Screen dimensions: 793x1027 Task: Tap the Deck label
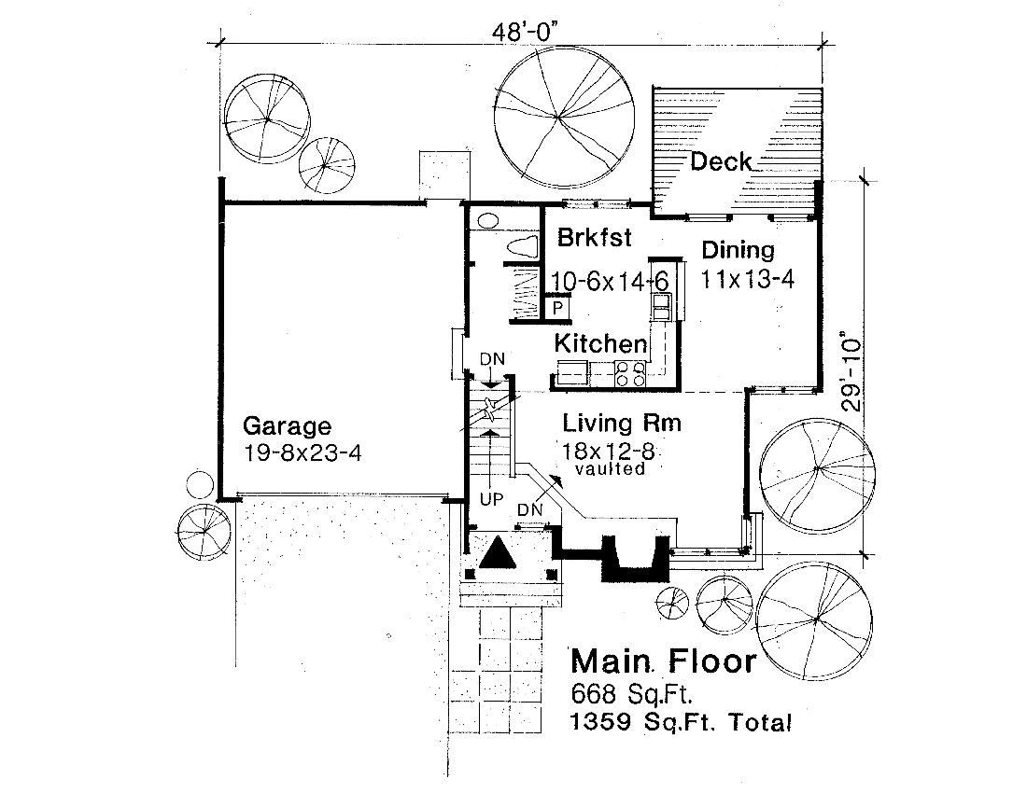720,162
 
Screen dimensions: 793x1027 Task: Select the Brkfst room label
594,238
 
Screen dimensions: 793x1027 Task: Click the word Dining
738,250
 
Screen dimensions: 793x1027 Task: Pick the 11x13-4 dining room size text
747,279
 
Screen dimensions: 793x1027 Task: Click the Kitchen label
600,343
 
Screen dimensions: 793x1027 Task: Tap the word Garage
287,427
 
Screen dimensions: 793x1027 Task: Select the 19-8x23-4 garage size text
302,454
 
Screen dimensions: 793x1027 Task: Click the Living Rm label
622,424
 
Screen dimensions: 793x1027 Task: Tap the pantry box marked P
558,307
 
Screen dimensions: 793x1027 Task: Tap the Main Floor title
663,661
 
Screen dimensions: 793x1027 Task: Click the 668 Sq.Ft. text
629,694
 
